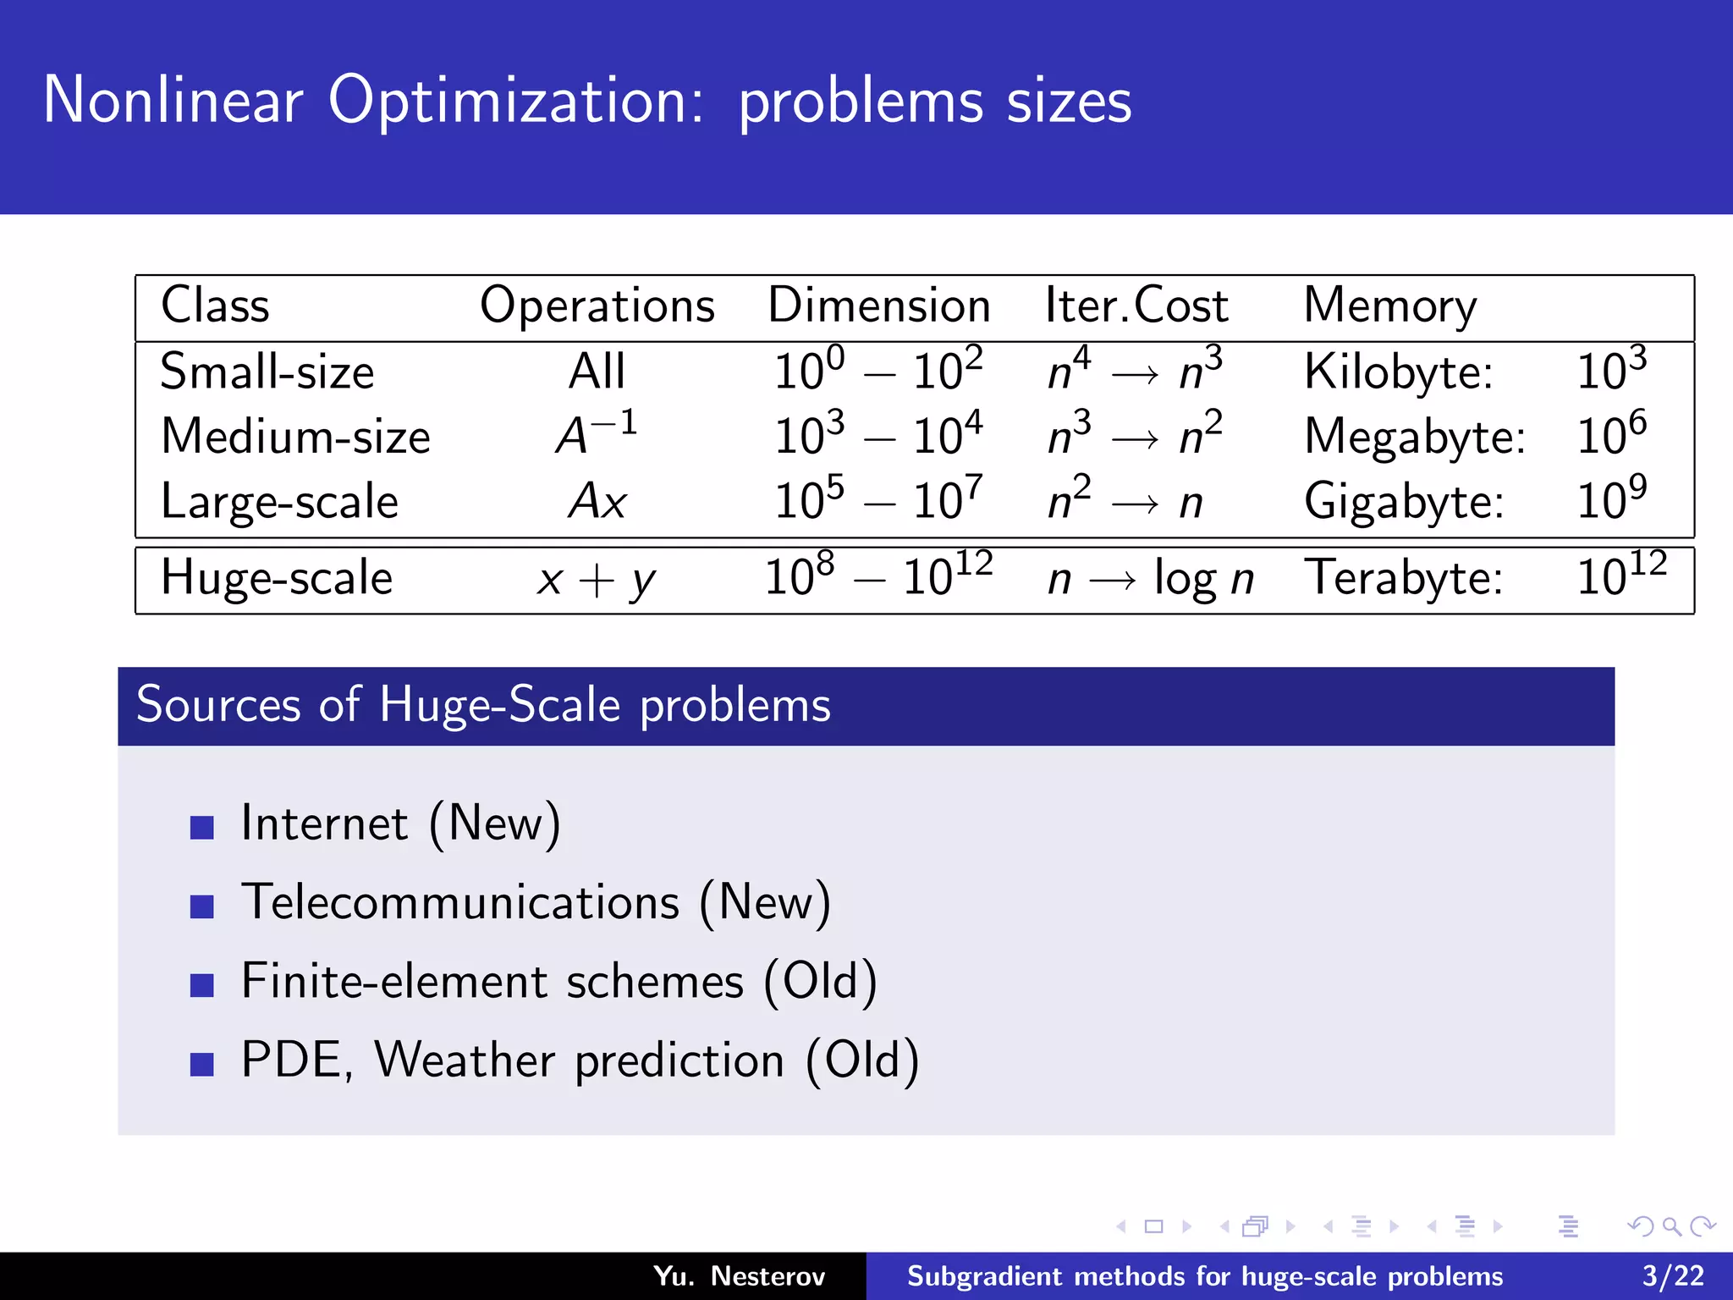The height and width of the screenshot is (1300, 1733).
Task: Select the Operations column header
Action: [x=597, y=306]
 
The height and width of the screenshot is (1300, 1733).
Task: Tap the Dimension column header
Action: [x=878, y=306]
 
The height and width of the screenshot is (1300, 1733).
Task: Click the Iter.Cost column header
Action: [x=1136, y=306]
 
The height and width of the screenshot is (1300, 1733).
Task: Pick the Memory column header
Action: [x=1389, y=306]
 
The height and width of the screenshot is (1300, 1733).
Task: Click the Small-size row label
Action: [x=267, y=372]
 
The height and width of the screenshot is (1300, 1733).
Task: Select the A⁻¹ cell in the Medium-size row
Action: [x=596, y=435]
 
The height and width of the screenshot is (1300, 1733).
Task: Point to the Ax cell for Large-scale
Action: [x=597, y=501]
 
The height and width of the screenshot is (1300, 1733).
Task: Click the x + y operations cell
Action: [x=596, y=580]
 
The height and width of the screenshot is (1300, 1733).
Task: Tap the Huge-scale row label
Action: [x=277, y=578]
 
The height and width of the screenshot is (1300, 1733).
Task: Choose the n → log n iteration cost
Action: [x=1150, y=580]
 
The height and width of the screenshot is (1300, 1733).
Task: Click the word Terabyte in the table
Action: [x=1402, y=578]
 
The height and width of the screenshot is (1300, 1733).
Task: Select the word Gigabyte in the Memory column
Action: [x=1403, y=501]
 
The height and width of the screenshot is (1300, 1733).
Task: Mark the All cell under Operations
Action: [x=597, y=372]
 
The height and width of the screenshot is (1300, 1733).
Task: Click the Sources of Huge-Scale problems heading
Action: [x=483, y=705]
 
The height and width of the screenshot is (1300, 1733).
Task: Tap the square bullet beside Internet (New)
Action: [x=202, y=827]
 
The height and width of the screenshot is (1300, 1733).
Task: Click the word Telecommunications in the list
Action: [x=460, y=902]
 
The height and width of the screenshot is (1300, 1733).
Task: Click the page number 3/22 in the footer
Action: [x=1673, y=1275]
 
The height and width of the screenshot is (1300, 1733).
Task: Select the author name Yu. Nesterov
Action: [x=739, y=1275]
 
